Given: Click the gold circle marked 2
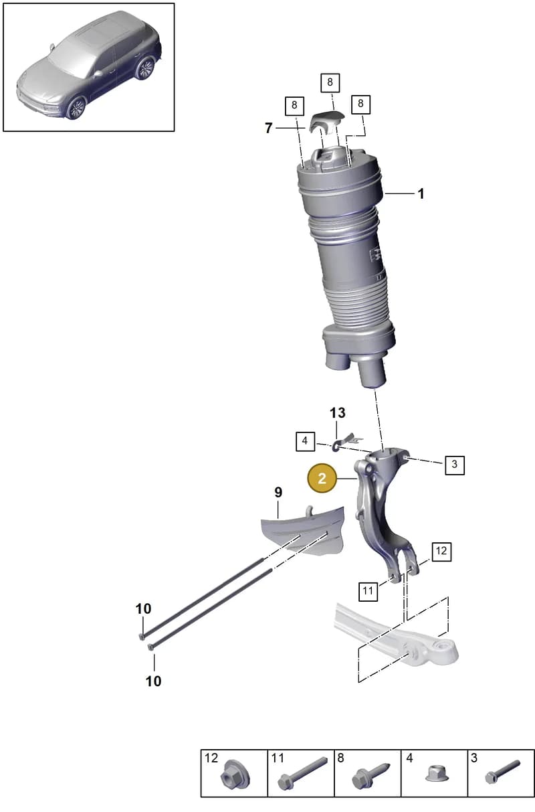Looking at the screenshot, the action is pyautogui.click(x=322, y=479).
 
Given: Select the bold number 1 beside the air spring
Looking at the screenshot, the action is pyautogui.click(x=421, y=193).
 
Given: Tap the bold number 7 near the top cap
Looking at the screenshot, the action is pyautogui.click(x=268, y=128).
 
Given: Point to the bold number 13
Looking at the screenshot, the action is pyautogui.click(x=337, y=412).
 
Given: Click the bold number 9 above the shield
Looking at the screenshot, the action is pyautogui.click(x=278, y=492).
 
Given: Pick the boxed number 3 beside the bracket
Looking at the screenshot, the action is pyautogui.click(x=455, y=465).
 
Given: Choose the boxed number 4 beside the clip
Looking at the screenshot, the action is pyautogui.click(x=305, y=440).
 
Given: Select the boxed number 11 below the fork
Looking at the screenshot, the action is pyautogui.click(x=368, y=591).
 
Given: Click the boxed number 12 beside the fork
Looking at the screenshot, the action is pyautogui.click(x=441, y=551).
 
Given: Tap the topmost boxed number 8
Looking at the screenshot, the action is pyautogui.click(x=330, y=82).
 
